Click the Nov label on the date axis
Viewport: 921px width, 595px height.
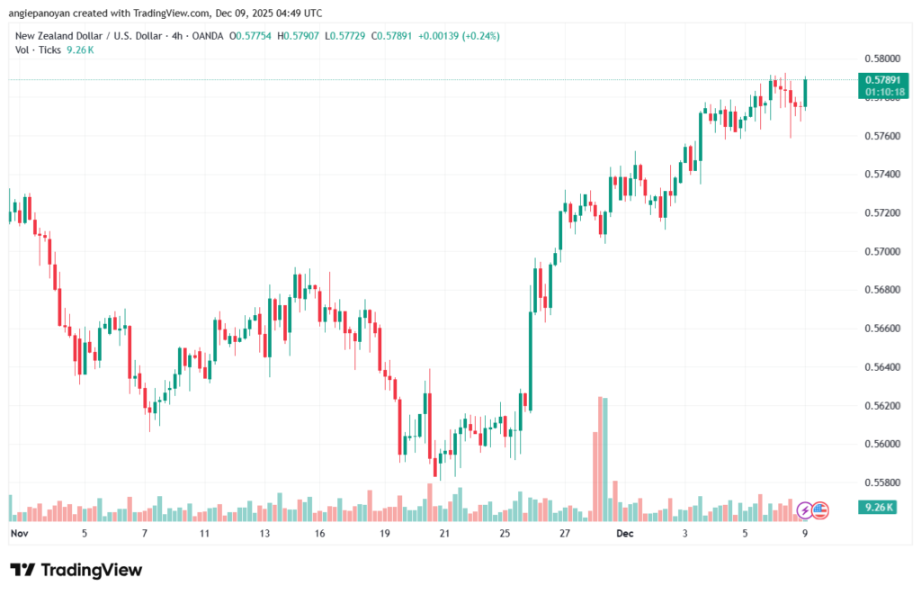tap(20, 534)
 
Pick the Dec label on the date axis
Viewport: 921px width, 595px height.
tap(625, 534)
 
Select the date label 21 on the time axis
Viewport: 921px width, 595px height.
tap(443, 534)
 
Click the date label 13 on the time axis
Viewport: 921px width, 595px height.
tap(264, 534)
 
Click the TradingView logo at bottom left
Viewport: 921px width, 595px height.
tap(76, 570)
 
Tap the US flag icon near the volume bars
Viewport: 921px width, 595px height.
tap(819, 510)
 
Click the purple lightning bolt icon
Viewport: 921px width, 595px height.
tap(806, 510)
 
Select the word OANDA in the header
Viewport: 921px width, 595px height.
tap(207, 36)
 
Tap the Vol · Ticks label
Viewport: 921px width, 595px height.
tap(37, 50)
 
